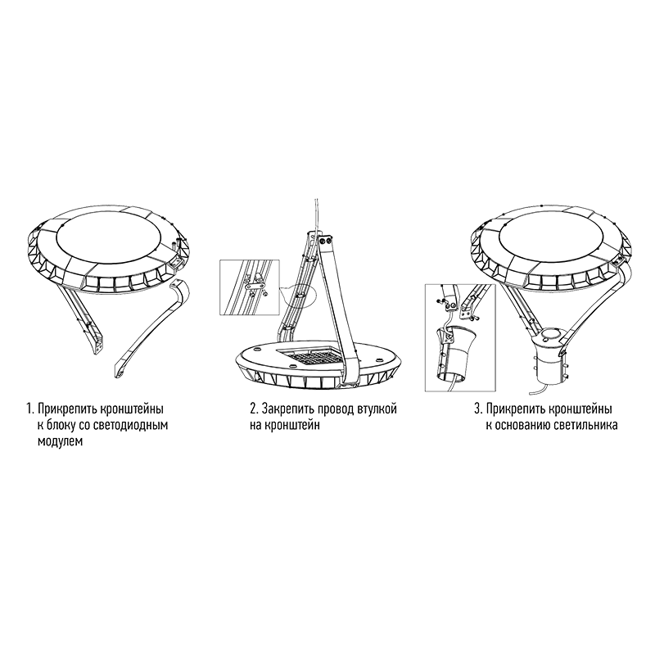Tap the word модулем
coord(60,442)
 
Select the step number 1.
coord(29,409)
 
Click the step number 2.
coord(254,409)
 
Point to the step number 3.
coord(478,409)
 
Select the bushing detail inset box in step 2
coord(250,287)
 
